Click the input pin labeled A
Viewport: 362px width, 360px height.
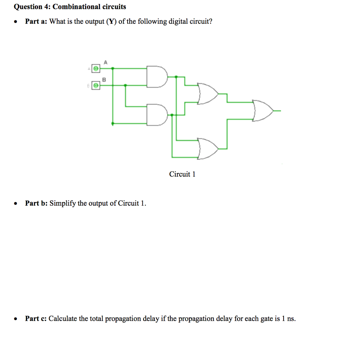click(x=96, y=68)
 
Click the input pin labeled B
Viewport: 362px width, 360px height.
click(x=96, y=85)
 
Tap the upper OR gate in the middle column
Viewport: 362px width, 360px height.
click(x=208, y=94)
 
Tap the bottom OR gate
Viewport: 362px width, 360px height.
click(x=208, y=148)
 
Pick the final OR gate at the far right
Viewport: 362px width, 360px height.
click(x=262, y=111)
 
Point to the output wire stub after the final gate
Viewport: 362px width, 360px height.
click(x=277, y=111)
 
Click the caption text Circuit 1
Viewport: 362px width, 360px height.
click(x=182, y=174)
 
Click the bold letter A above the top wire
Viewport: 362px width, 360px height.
click(x=105, y=62)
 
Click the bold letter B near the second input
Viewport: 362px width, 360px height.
click(x=104, y=80)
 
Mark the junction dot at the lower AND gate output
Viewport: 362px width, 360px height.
click(x=172, y=115)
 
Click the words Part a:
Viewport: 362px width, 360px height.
click(x=36, y=22)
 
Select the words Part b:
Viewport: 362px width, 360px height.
click(x=37, y=203)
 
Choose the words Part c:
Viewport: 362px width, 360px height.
click(x=36, y=319)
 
